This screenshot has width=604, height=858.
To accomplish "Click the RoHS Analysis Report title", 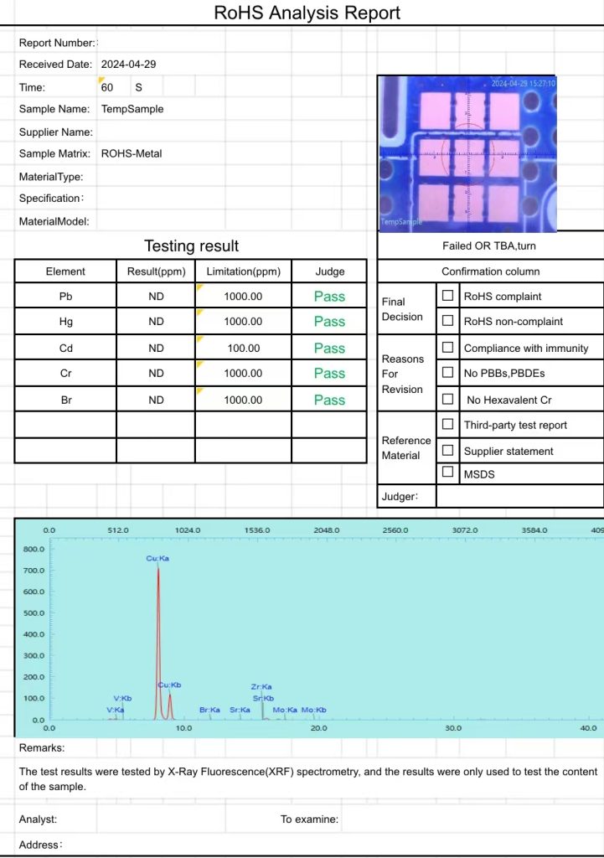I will tap(307, 13).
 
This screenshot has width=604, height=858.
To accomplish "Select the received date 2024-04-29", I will tap(128, 64).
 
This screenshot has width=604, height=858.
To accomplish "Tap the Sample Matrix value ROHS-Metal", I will tap(132, 153).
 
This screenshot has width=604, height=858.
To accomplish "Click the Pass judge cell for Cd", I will tap(329, 348).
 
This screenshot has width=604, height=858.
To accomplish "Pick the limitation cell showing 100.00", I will tap(243, 348).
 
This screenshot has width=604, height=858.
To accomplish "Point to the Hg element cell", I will tap(65, 322).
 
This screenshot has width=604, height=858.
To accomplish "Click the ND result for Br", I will tap(156, 400).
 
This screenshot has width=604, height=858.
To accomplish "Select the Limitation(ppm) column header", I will tap(243, 271).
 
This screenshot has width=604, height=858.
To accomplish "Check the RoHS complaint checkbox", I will tap(448, 296).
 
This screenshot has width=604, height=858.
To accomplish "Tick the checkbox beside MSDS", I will tap(448, 473).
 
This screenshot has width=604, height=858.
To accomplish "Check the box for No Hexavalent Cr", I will tap(448, 399).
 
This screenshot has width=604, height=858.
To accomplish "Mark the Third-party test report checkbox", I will tap(448, 425).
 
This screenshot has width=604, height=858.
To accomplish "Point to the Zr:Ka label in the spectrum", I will tap(261, 687).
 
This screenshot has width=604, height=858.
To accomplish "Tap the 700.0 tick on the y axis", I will tap(34, 571).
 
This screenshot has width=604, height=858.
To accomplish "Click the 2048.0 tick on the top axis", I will tap(326, 530).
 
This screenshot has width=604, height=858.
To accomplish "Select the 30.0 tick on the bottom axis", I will tap(453, 728).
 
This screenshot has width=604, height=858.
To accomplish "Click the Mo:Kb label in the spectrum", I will tap(314, 710).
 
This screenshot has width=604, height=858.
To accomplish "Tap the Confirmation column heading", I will tap(490, 271).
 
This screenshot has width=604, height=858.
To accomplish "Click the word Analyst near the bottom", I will tap(38, 819).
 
